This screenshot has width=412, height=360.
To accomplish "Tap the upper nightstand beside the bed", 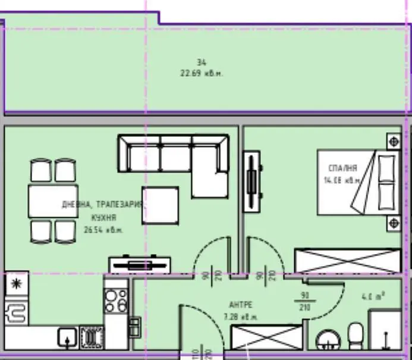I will pyautogui.click(x=393, y=142).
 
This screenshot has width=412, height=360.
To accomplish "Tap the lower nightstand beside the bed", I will pyautogui.click(x=393, y=223).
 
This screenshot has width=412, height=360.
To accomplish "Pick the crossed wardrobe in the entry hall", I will pyautogui.click(x=265, y=340).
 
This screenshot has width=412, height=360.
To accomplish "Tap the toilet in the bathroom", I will pyautogui.click(x=356, y=339).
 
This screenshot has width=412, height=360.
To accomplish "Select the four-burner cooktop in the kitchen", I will pyautogui.click(x=116, y=300).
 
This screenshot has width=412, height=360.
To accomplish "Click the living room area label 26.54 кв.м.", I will pyautogui.click(x=103, y=230).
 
